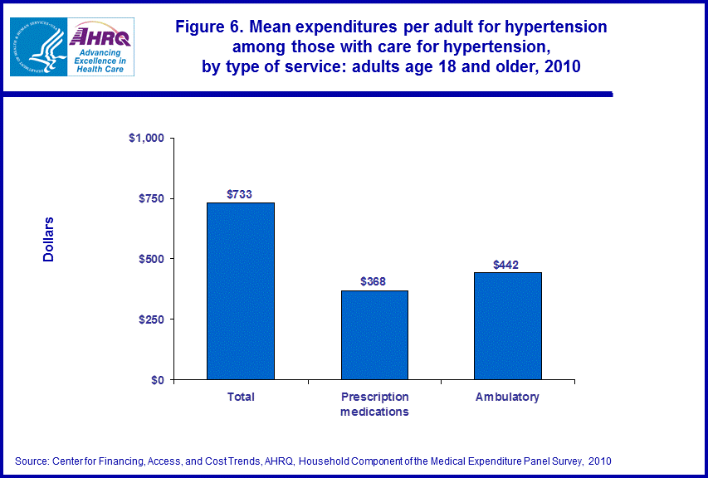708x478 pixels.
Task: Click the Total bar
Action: tap(241, 291)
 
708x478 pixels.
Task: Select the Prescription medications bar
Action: tap(374, 335)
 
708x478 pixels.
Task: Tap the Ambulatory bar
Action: tap(507, 326)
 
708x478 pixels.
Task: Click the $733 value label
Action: tap(240, 194)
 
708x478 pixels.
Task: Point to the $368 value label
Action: tap(374, 281)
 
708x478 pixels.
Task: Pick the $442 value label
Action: tap(506, 265)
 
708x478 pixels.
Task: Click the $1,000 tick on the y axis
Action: tap(147, 138)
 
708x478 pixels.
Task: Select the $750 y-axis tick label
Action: tap(152, 198)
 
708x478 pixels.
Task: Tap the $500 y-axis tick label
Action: tap(152, 259)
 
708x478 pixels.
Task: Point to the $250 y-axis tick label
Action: tap(152, 319)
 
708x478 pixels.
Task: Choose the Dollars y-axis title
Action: tap(49, 240)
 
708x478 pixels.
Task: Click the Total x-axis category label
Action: tap(241, 397)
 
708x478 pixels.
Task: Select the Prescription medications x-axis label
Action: tap(374, 404)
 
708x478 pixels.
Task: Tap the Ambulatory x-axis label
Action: tap(507, 397)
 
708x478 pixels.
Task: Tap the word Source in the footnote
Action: tap(32, 460)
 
